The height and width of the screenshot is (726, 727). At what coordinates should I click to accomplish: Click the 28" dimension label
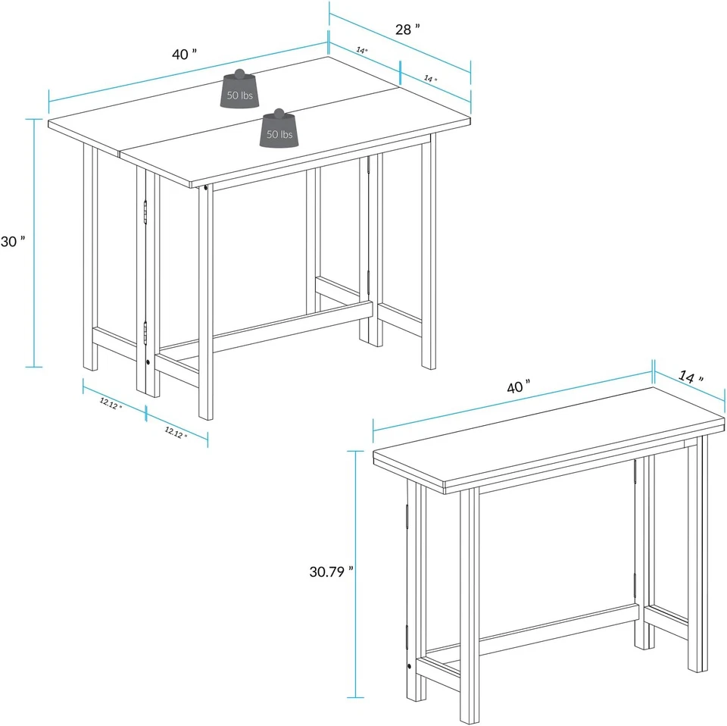click(x=407, y=30)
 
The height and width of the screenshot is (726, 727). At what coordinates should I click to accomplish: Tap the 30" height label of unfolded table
click(x=14, y=241)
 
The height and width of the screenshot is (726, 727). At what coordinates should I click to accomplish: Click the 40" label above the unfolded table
click(x=184, y=54)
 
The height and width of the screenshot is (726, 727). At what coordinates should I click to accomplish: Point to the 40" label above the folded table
click(x=517, y=386)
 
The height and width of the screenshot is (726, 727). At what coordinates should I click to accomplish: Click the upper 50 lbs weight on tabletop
click(x=242, y=88)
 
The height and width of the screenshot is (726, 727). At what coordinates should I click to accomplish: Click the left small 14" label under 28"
click(x=362, y=50)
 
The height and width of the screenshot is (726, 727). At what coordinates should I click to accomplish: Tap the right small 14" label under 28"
click(x=430, y=78)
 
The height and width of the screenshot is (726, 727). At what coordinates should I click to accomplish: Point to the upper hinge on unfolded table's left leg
click(x=144, y=213)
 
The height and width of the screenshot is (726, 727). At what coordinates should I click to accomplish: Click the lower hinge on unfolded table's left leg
click(x=144, y=332)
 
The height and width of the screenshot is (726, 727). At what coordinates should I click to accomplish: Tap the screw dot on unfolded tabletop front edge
click(x=207, y=186)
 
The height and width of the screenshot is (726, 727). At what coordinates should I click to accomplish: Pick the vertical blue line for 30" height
click(x=34, y=243)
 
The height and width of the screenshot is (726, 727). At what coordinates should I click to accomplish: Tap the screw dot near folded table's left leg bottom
click(x=410, y=666)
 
